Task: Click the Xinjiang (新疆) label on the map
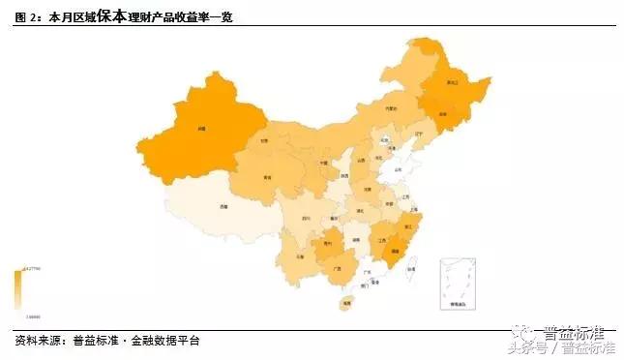click(202, 129)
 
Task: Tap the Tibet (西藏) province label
click(223, 207)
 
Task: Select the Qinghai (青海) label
click(267, 178)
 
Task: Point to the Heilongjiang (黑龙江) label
click(451, 83)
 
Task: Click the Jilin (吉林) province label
click(443, 114)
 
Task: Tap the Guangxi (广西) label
click(336, 266)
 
